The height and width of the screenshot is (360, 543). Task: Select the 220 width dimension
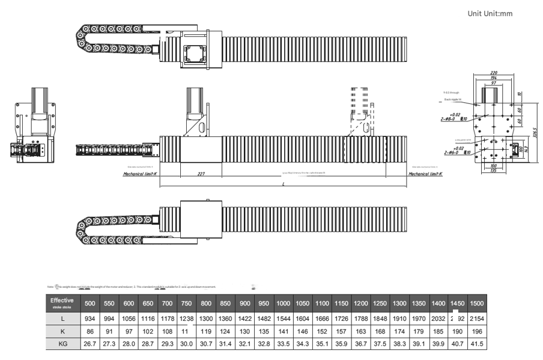point(494,73)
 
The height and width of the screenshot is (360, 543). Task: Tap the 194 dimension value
point(494,78)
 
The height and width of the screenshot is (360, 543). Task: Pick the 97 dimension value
point(493,83)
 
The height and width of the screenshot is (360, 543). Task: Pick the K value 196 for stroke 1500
point(477,331)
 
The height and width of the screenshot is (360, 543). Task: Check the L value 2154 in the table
point(477,319)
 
